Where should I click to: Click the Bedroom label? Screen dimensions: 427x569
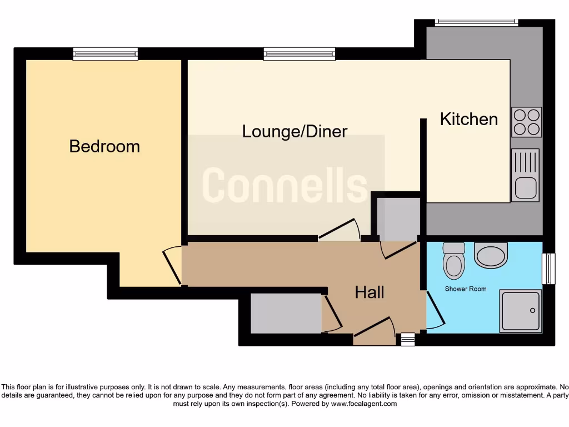pyautogui.click(x=104, y=146)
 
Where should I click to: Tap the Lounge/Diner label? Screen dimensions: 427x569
pyautogui.click(x=295, y=131)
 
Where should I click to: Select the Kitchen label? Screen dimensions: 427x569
pyautogui.click(x=468, y=119)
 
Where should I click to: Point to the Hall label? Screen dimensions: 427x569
pyautogui.click(x=370, y=292)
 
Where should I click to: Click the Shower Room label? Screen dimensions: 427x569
pyautogui.click(x=465, y=289)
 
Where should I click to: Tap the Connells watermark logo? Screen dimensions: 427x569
pyautogui.click(x=285, y=185)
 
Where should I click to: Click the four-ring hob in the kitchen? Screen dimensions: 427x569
pyautogui.click(x=526, y=122)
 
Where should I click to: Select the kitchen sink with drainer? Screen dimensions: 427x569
pyautogui.click(x=525, y=175)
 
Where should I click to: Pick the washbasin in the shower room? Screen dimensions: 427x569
pyautogui.click(x=491, y=255)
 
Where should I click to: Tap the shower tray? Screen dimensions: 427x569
pyautogui.click(x=520, y=311)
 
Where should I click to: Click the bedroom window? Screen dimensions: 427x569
pyautogui.click(x=105, y=54)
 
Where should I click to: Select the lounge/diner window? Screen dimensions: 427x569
pyautogui.click(x=300, y=54)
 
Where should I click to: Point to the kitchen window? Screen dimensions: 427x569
pyautogui.click(x=476, y=23)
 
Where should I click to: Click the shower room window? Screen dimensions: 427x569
pyautogui.click(x=548, y=269)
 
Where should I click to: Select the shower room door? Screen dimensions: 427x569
pyautogui.click(x=435, y=310)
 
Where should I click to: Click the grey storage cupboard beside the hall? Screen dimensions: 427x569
pyautogui.click(x=286, y=314)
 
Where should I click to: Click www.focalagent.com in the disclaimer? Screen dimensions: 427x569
pyautogui.click(x=364, y=404)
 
